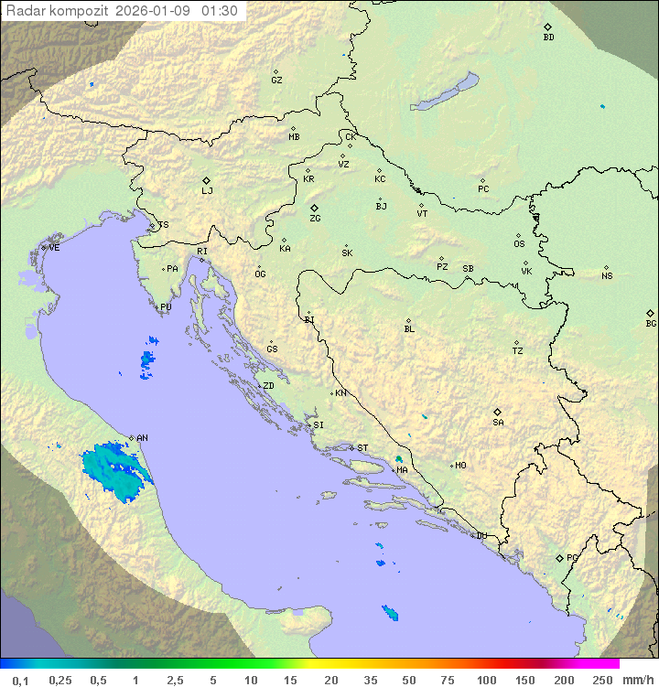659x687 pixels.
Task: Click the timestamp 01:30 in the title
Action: point(220,11)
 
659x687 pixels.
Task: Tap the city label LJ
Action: point(207,191)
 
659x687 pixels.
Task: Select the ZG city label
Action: point(315,219)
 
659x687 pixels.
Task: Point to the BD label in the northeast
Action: point(548,38)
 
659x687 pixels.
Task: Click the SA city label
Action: point(498,423)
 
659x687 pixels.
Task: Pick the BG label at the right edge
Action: point(651,324)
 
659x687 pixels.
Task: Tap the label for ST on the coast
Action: point(362,448)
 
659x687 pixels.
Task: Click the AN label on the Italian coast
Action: point(142,438)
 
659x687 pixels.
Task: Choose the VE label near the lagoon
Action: point(54,248)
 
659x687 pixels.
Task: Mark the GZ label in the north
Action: point(276,81)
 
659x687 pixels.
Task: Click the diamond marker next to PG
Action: point(559,557)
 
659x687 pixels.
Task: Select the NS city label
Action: point(607,276)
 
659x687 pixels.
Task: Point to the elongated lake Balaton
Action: point(445,92)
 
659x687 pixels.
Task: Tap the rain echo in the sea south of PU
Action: point(147,360)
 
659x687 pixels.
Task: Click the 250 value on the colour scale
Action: point(601,680)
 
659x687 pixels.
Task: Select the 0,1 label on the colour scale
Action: point(20,680)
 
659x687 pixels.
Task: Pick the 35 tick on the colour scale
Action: point(371,680)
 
